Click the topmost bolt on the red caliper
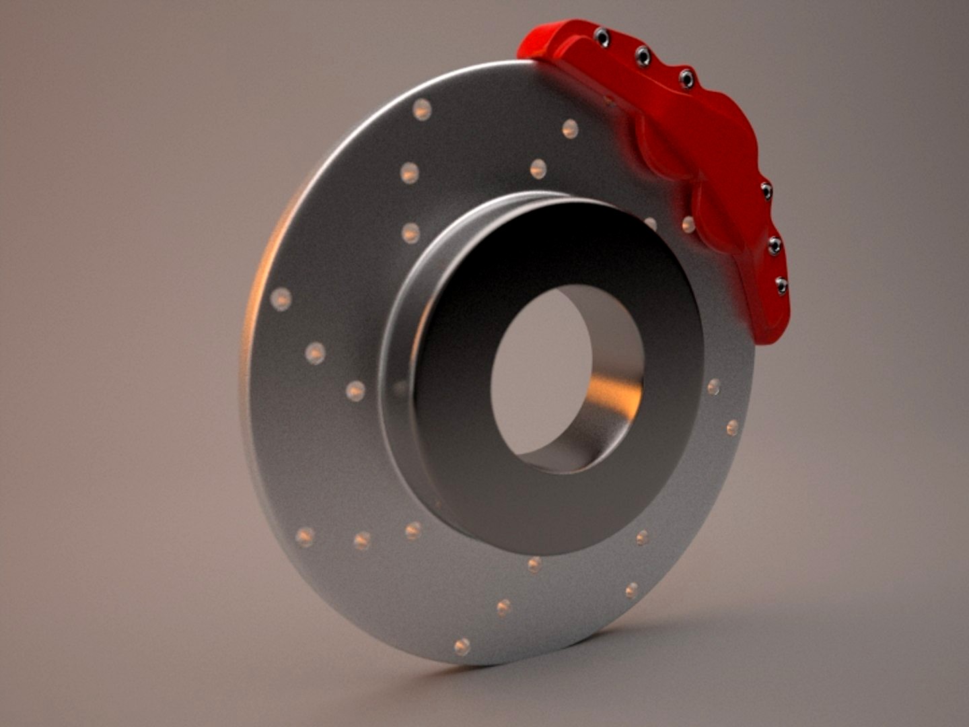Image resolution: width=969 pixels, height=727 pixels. coord(602,38)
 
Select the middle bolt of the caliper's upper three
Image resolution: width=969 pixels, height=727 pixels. coord(643,57)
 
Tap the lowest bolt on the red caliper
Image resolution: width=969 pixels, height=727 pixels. coord(781,285)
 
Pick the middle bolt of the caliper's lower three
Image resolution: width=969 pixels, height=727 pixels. coord(775,245)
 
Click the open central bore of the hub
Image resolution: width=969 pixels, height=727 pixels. coord(538,370)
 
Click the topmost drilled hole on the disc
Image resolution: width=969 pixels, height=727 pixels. coord(422,109)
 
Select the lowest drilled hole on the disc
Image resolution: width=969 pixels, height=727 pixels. coord(462,647)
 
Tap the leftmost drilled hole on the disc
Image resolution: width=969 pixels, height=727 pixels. coord(281,299)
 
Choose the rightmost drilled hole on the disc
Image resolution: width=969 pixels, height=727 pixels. coord(732,427)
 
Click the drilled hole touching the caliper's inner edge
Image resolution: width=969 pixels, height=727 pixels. coord(688,224)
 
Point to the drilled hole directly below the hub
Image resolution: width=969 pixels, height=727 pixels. coord(534,564)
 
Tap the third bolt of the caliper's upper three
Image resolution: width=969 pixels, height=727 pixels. coord(686,79)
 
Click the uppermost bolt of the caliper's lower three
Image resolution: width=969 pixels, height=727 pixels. coord(766,192)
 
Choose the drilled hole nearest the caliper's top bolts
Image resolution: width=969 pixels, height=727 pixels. coord(570,129)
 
